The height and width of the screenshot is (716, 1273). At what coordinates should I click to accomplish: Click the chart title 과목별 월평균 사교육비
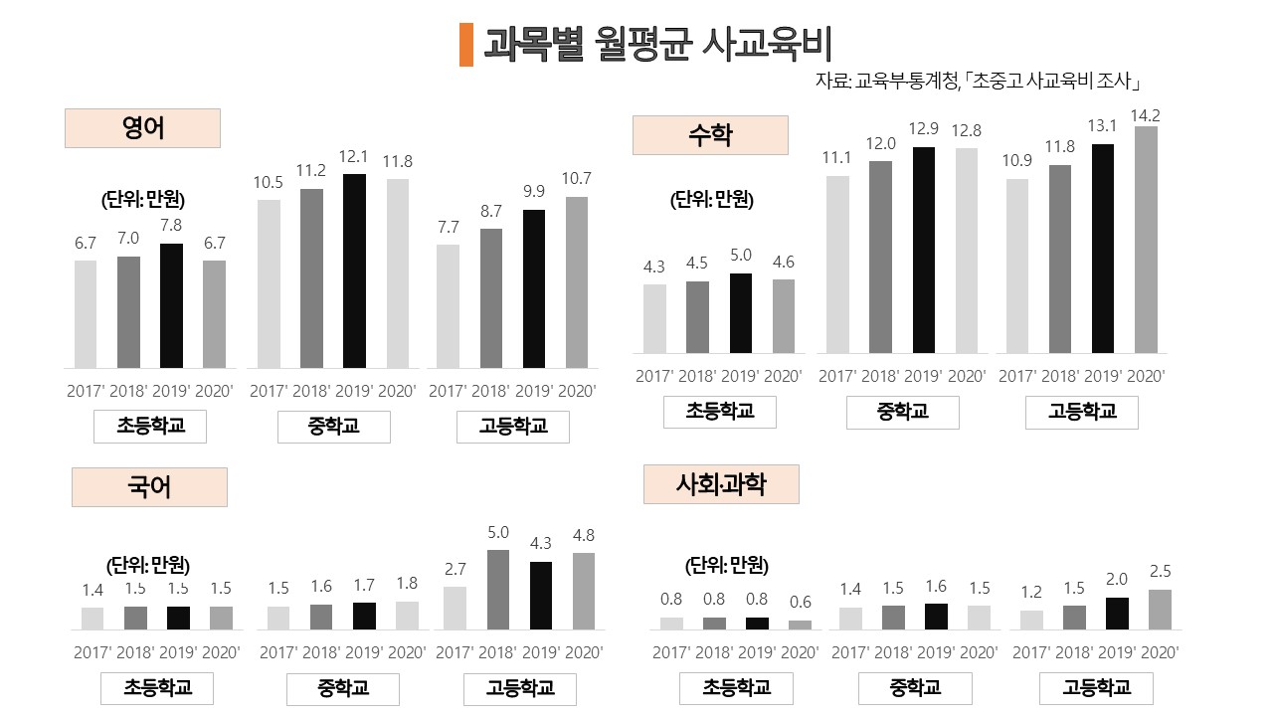(657, 45)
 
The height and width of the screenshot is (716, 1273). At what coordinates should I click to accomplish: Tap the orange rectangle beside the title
(466, 45)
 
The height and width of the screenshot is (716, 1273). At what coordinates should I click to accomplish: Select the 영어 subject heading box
(142, 128)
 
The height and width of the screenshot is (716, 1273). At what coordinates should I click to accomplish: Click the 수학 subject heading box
(710, 135)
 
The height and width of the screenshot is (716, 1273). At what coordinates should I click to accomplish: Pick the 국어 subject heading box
(149, 487)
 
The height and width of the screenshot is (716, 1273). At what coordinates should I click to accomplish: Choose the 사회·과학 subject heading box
(721, 484)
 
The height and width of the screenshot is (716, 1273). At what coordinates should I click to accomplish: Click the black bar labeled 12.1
(354, 270)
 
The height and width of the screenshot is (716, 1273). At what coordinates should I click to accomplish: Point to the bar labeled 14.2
(1147, 239)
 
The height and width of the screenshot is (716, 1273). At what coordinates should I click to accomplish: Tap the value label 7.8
(171, 227)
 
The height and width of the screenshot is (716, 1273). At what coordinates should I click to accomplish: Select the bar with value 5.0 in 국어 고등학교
(497, 589)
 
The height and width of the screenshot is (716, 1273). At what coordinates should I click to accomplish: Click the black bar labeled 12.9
(924, 250)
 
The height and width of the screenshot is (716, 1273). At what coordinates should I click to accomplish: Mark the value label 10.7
(576, 179)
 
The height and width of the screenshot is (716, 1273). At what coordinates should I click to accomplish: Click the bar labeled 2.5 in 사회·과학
(1160, 609)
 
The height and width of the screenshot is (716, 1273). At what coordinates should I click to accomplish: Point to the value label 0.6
(800, 602)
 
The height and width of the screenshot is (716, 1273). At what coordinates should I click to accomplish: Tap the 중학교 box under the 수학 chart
(902, 413)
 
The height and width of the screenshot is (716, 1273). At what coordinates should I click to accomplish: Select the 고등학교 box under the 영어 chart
(513, 427)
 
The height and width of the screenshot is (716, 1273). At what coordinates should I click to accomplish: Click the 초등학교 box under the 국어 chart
(157, 688)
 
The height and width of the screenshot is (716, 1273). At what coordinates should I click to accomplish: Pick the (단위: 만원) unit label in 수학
(712, 200)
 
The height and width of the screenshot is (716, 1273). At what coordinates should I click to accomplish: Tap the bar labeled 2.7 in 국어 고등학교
(455, 607)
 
